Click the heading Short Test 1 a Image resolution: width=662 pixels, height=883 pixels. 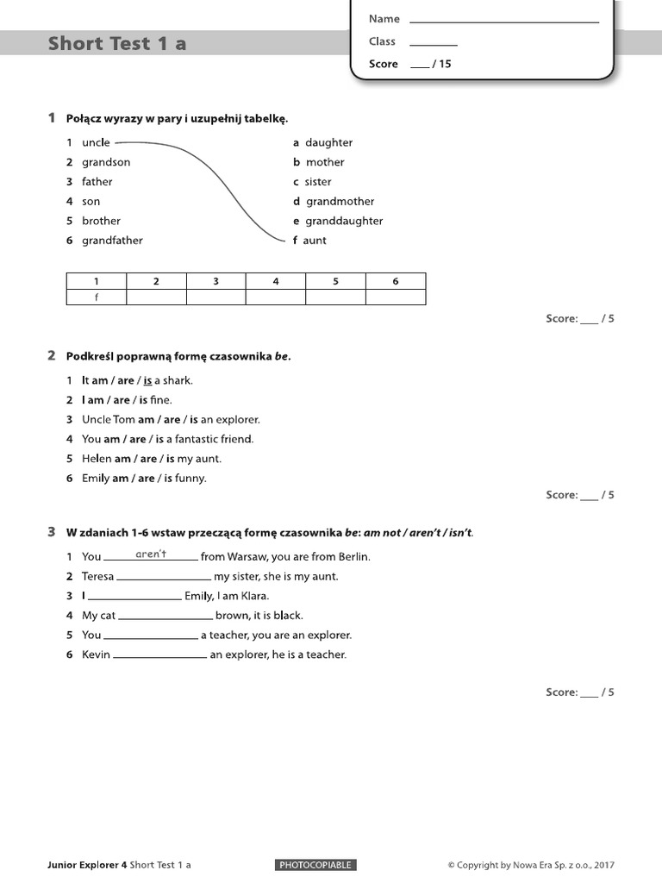[117, 43]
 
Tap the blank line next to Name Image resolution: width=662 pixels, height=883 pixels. [503, 21]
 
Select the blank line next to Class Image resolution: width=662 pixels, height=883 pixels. [433, 43]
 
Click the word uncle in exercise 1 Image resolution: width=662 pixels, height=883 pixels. [96, 142]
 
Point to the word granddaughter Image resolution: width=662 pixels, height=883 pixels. [344, 221]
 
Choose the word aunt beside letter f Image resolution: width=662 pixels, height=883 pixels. [315, 241]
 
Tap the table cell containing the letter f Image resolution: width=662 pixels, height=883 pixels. [97, 297]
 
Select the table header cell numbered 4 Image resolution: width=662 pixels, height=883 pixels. [276, 281]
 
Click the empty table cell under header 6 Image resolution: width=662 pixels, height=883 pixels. [396, 297]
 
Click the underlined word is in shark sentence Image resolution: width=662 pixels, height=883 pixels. [147, 380]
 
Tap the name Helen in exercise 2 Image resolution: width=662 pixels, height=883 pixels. [97, 459]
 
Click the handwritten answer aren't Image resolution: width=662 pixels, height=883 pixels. [151, 554]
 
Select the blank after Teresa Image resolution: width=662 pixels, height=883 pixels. [164, 577]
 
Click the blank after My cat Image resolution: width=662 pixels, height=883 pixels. [165, 617]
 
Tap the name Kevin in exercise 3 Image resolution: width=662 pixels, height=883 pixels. [96, 654]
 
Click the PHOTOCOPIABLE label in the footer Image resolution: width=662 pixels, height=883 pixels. [315, 865]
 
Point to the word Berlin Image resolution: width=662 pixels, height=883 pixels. [351, 557]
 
